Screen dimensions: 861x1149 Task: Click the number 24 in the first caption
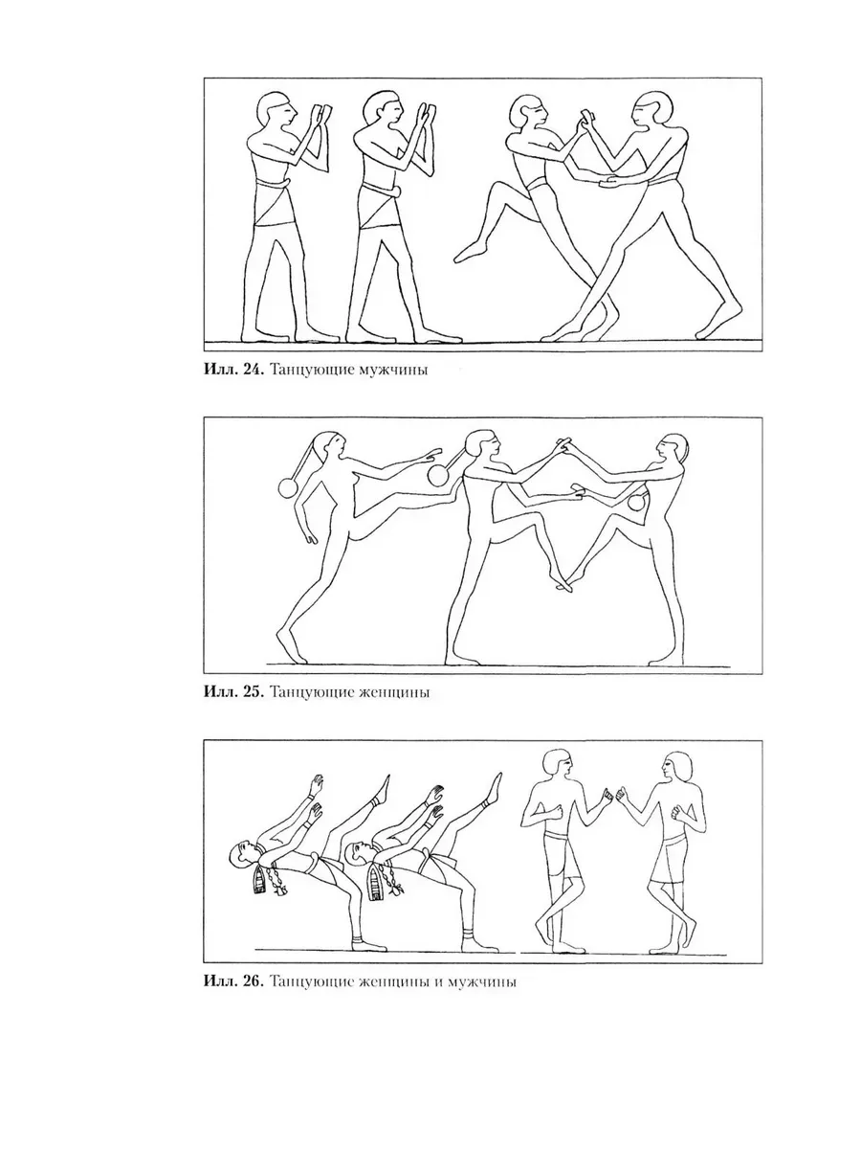coord(252,370)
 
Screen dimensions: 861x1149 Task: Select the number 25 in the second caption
coord(252,692)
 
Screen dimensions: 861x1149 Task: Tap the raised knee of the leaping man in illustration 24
coord(498,190)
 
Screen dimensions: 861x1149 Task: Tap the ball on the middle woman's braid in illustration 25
coord(436,476)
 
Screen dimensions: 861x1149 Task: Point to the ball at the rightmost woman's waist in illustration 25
coord(636,503)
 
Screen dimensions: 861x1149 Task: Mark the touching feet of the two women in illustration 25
coord(562,584)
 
